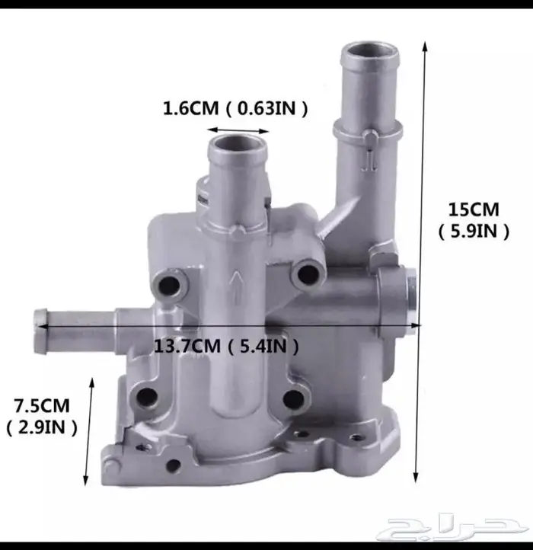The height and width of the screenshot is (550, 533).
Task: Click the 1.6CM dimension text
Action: [191, 107]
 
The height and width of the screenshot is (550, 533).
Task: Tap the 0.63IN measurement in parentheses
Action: [266, 108]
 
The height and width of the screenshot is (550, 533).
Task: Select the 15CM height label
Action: [474, 209]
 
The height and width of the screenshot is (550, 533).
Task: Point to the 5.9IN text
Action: [474, 231]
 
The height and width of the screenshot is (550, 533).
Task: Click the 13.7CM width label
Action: [187, 346]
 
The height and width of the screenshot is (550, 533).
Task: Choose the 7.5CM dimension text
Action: [42, 405]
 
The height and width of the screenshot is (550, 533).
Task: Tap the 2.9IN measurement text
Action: [42, 427]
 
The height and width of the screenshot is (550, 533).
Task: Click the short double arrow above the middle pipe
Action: [238, 131]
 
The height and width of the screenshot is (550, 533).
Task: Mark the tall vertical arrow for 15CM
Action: [420, 262]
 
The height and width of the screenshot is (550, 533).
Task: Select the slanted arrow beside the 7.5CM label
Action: [89, 432]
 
